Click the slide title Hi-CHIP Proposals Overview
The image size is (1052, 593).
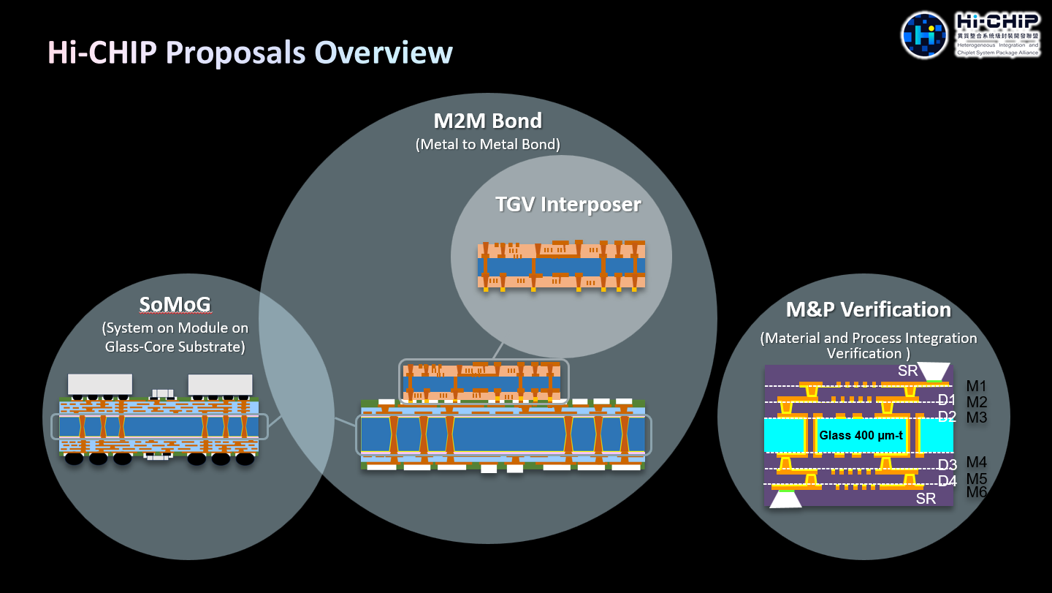250,53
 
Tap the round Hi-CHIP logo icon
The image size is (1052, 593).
924,35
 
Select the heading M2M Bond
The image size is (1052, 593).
487,120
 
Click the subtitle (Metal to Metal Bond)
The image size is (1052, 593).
487,144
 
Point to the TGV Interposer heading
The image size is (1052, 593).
568,204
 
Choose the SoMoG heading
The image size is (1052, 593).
176,304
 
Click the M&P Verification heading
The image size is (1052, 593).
868,309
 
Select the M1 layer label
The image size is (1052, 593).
976,385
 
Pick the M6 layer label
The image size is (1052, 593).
976,492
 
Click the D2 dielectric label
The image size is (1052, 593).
947,417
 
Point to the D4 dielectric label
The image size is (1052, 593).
947,480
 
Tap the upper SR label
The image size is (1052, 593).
907,371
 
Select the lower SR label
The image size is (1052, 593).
926,499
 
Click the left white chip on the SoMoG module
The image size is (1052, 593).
100,385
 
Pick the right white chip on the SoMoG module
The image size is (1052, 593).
220,385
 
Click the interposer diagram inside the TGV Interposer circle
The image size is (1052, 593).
561,265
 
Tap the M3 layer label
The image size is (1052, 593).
976,418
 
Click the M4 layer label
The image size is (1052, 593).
976,462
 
